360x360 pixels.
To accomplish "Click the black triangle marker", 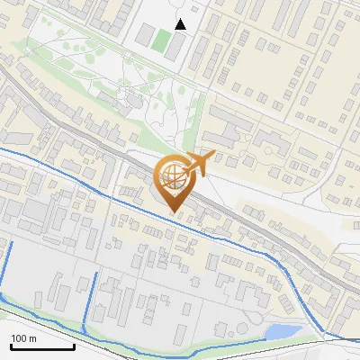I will [x=181, y=24].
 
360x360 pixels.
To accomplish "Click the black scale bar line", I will [x=42, y=346].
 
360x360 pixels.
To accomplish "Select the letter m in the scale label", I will [x=32, y=338].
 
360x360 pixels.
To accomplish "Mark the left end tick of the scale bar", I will [x=10, y=345].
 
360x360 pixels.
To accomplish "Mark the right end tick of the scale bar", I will [x=75, y=345].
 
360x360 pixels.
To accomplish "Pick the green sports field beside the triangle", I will [x=161, y=40].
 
